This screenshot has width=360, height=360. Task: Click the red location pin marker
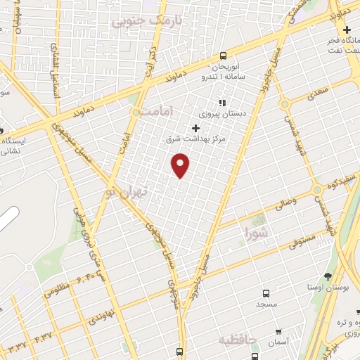tap(181, 165)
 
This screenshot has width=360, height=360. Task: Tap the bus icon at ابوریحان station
tap(223, 56)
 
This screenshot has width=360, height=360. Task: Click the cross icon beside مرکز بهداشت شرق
tap(195, 128)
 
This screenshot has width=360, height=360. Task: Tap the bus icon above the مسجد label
tap(265, 292)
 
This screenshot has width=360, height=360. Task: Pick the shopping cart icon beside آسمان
tap(279, 331)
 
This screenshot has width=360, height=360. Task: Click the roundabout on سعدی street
tap(284, 104)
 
